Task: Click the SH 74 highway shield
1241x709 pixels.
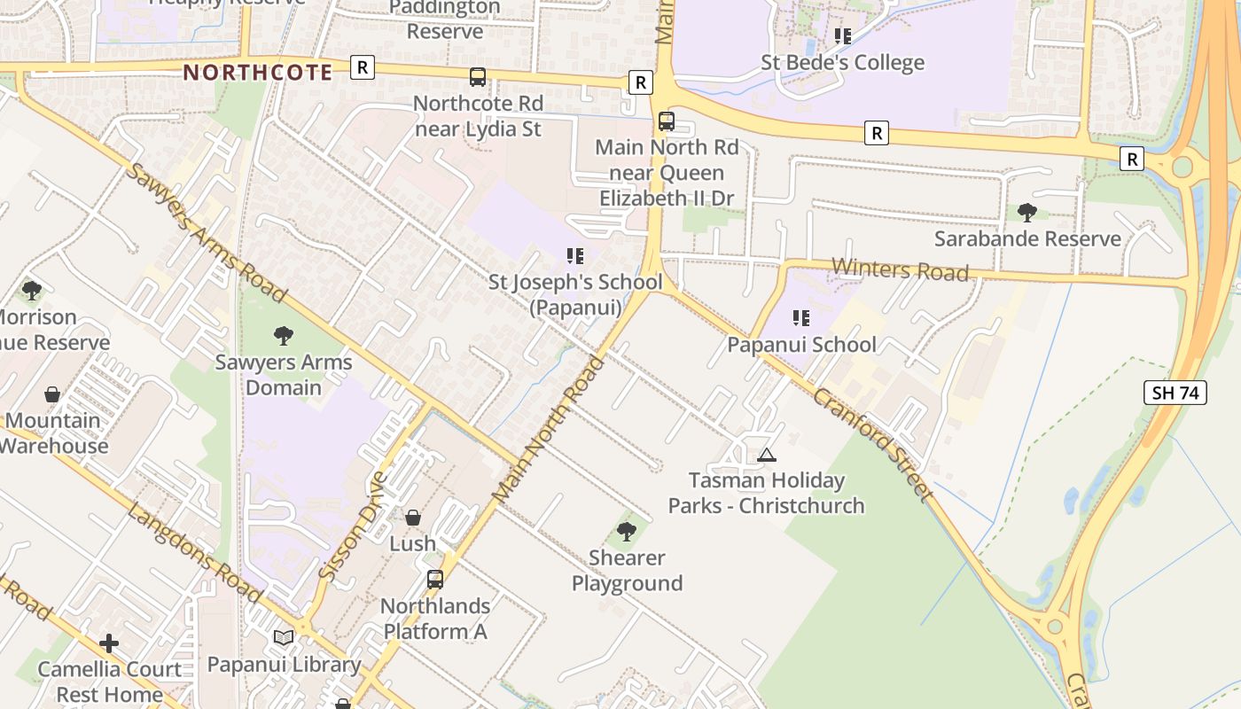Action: click(x=1175, y=393)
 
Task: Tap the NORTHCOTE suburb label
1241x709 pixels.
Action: click(x=258, y=73)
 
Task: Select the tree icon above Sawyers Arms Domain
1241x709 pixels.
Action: click(x=284, y=336)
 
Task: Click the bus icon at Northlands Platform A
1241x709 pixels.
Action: click(x=435, y=580)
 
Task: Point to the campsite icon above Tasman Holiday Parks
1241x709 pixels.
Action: click(x=767, y=455)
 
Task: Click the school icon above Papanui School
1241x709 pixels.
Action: click(x=801, y=318)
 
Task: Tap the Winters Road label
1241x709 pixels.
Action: click(x=900, y=269)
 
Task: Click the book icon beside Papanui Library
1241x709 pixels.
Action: click(x=284, y=637)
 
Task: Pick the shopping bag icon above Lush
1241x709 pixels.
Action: click(x=413, y=518)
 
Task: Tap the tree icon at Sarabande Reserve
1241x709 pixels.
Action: click(x=1027, y=213)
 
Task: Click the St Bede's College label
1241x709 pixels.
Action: click(x=842, y=63)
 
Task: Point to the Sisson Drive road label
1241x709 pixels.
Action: click(x=353, y=526)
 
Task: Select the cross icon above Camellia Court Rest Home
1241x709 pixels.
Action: click(x=109, y=643)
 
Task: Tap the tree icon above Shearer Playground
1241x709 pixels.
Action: click(x=627, y=532)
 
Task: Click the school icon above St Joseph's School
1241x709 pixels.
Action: click(x=575, y=256)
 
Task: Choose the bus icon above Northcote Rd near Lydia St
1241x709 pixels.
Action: click(x=478, y=77)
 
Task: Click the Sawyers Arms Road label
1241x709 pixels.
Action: click(x=207, y=232)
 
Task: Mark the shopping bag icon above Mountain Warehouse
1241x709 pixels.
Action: click(x=52, y=394)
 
